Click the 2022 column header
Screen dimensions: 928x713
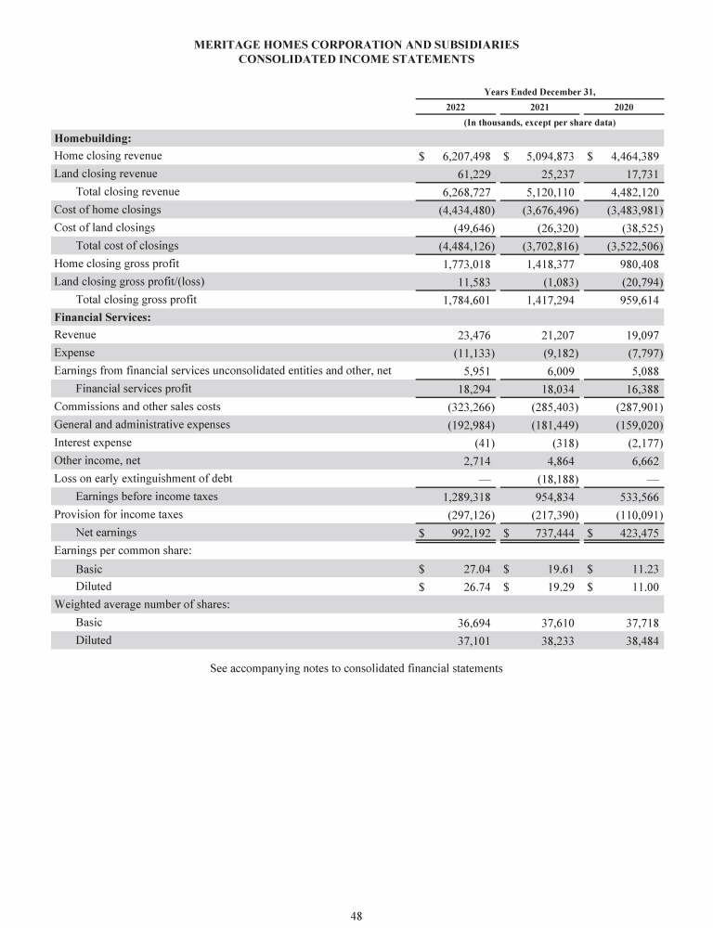tap(455, 107)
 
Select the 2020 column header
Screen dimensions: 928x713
tap(624, 107)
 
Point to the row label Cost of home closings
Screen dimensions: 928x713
tap(108, 210)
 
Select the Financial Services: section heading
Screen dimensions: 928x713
tap(103, 317)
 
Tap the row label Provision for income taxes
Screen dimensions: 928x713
tap(119, 514)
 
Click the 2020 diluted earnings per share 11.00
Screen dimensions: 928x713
tap(642, 586)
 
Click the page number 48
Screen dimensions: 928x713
tap(356, 916)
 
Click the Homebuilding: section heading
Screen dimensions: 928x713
tap(93, 138)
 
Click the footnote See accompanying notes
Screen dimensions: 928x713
tap(356, 667)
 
